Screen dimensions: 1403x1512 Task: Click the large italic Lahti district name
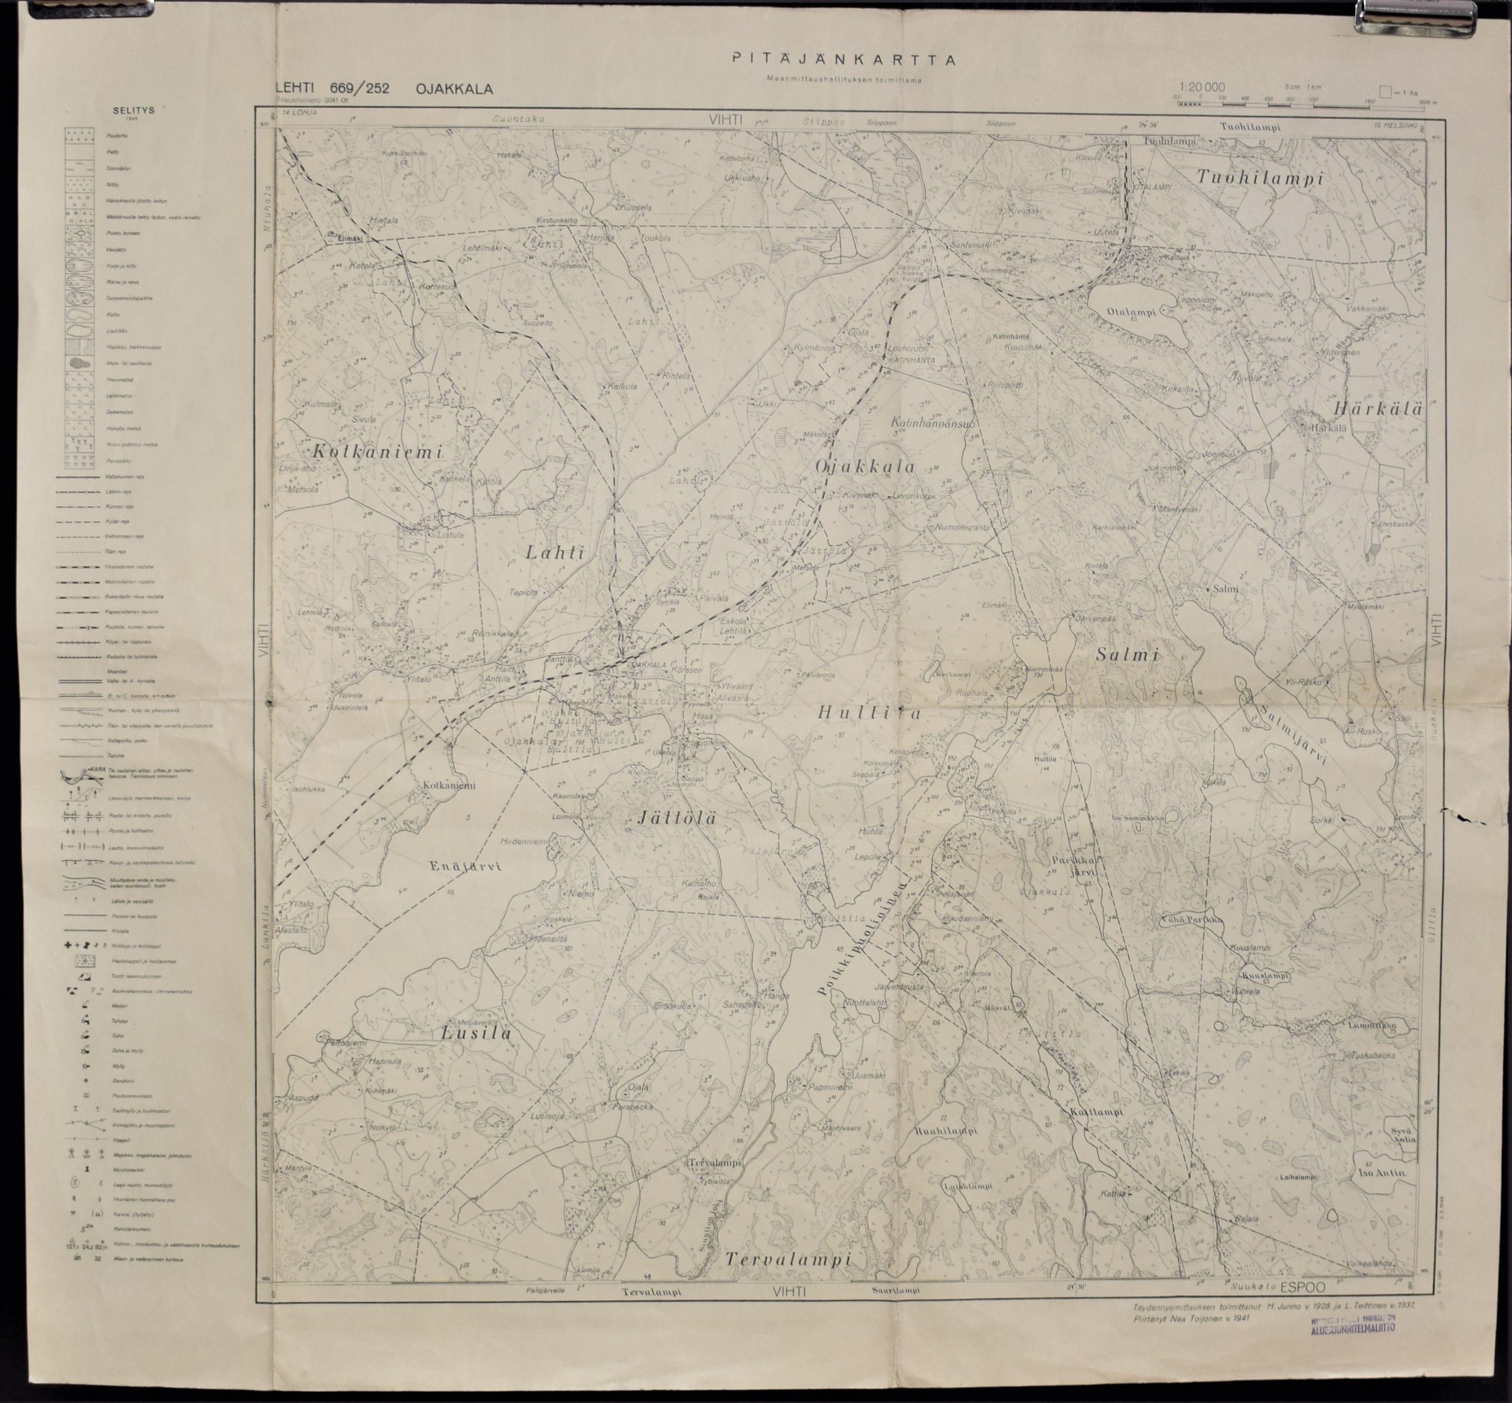(x=553, y=554)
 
